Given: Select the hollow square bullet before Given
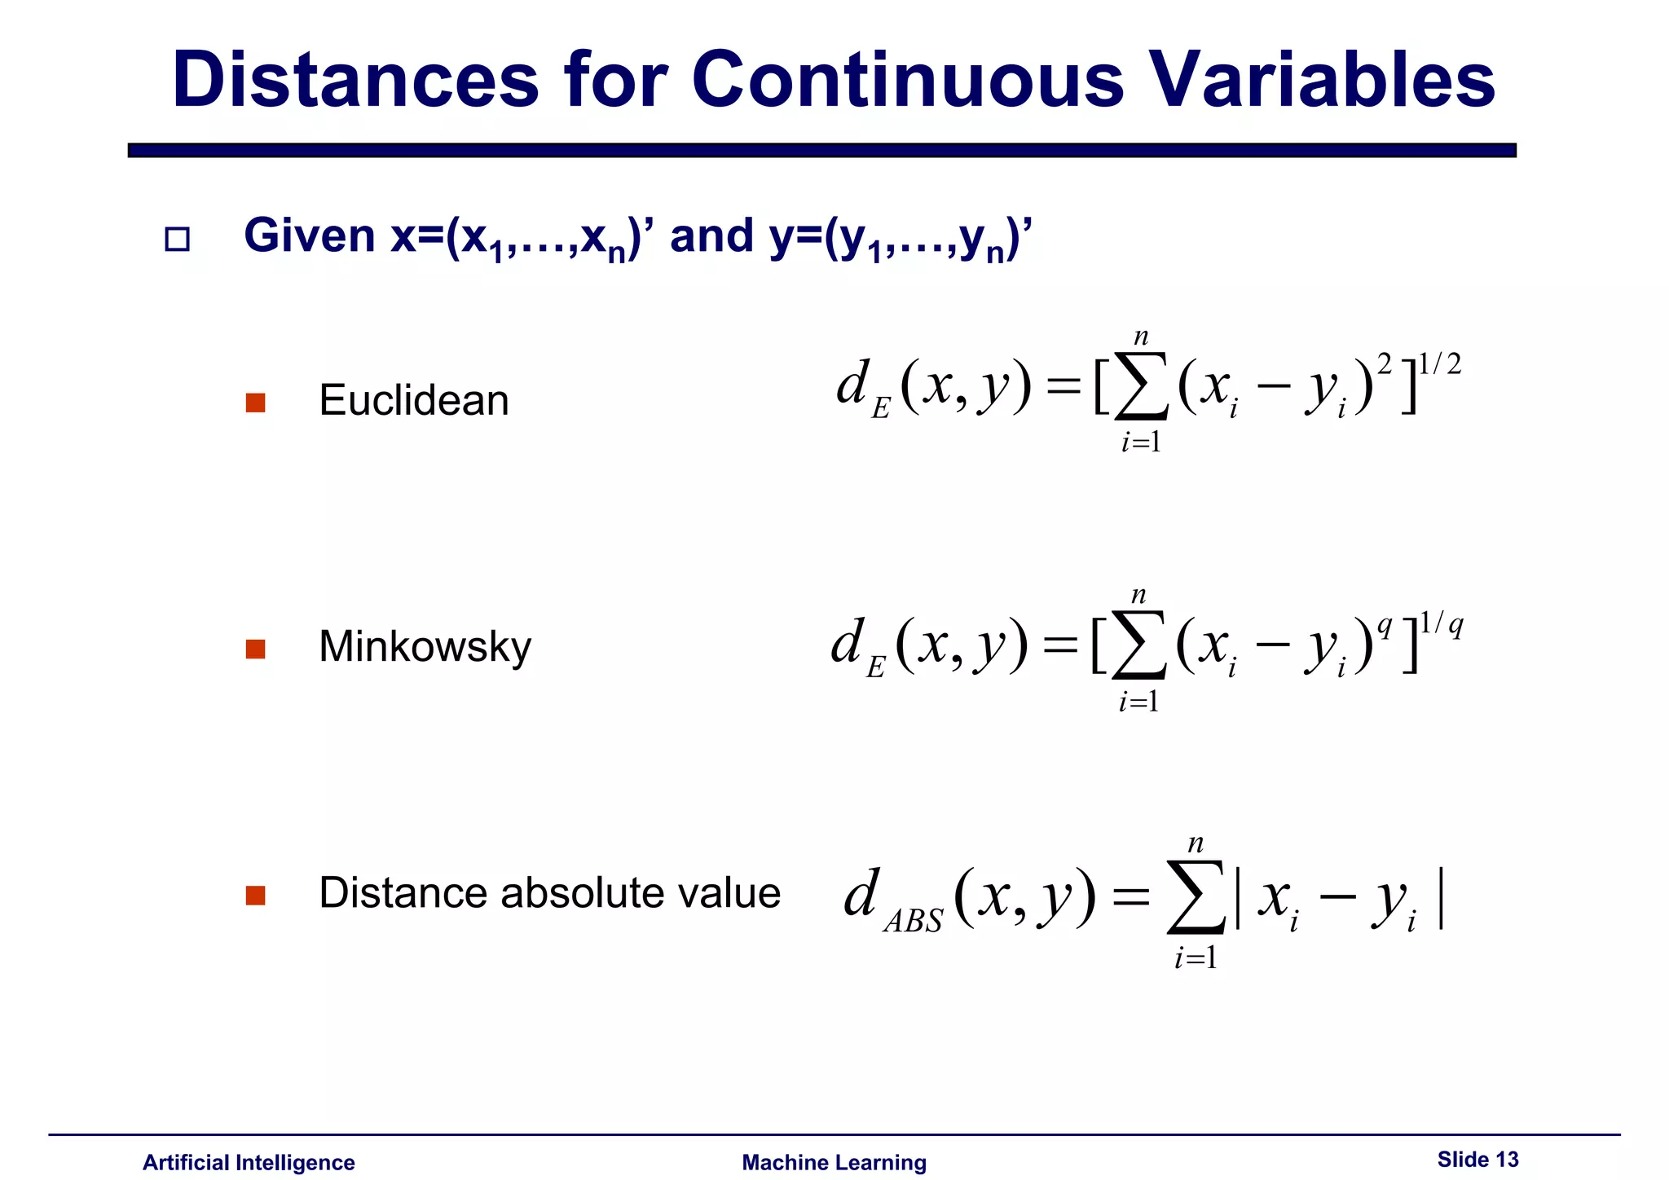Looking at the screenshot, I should click(x=177, y=240).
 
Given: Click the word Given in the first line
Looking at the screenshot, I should click(x=310, y=236).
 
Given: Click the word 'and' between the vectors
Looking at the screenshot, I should click(x=711, y=236).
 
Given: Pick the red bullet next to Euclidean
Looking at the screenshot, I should click(x=255, y=403).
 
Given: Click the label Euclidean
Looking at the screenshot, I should click(x=413, y=400).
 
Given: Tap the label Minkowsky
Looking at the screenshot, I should click(x=425, y=646).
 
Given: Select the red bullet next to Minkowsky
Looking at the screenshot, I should click(x=255, y=649).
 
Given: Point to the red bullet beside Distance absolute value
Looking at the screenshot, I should click(x=255, y=896).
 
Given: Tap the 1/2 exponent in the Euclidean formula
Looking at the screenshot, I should click(x=1439, y=364).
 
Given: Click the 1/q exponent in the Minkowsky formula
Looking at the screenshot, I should click(x=1441, y=625).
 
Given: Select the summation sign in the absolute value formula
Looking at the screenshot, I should click(x=1196, y=897).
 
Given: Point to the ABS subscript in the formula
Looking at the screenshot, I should click(x=913, y=922).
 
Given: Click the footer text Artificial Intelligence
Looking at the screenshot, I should click(x=249, y=1162).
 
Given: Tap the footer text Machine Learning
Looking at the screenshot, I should click(x=834, y=1162).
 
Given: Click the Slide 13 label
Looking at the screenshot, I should click(x=1477, y=1159).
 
